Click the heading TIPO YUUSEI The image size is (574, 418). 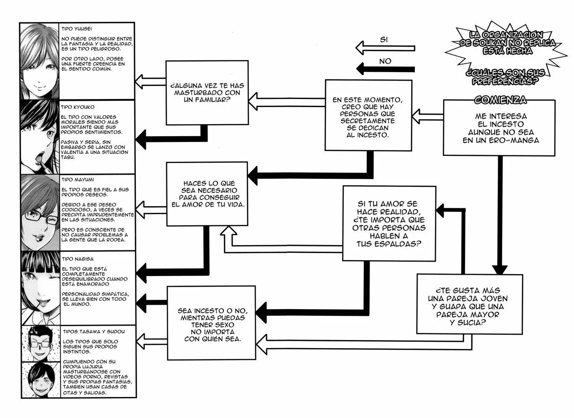tap(77, 29)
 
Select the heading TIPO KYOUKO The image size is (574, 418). tap(78, 107)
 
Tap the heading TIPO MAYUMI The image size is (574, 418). tap(78, 180)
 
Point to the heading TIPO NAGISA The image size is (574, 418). tap(78, 259)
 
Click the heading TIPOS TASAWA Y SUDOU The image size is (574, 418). tap(94, 332)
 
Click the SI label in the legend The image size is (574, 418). tap(383, 40)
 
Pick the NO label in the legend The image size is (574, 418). tap(385, 61)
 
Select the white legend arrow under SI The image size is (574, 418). tap(385, 48)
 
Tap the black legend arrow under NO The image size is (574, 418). tap(385, 69)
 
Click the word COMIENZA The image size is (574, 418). tap(500, 100)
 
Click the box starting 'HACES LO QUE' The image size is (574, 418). tap(207, 194)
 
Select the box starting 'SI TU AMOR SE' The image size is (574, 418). tap(389, 224)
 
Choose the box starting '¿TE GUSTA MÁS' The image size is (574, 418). tap(470, 304)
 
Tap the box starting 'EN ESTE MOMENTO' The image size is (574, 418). tap(369, 115)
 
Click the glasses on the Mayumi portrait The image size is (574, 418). tap(41, 218)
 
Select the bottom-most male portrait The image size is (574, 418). tap(41, 379)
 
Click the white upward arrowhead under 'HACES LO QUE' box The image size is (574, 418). tap(229, 230)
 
